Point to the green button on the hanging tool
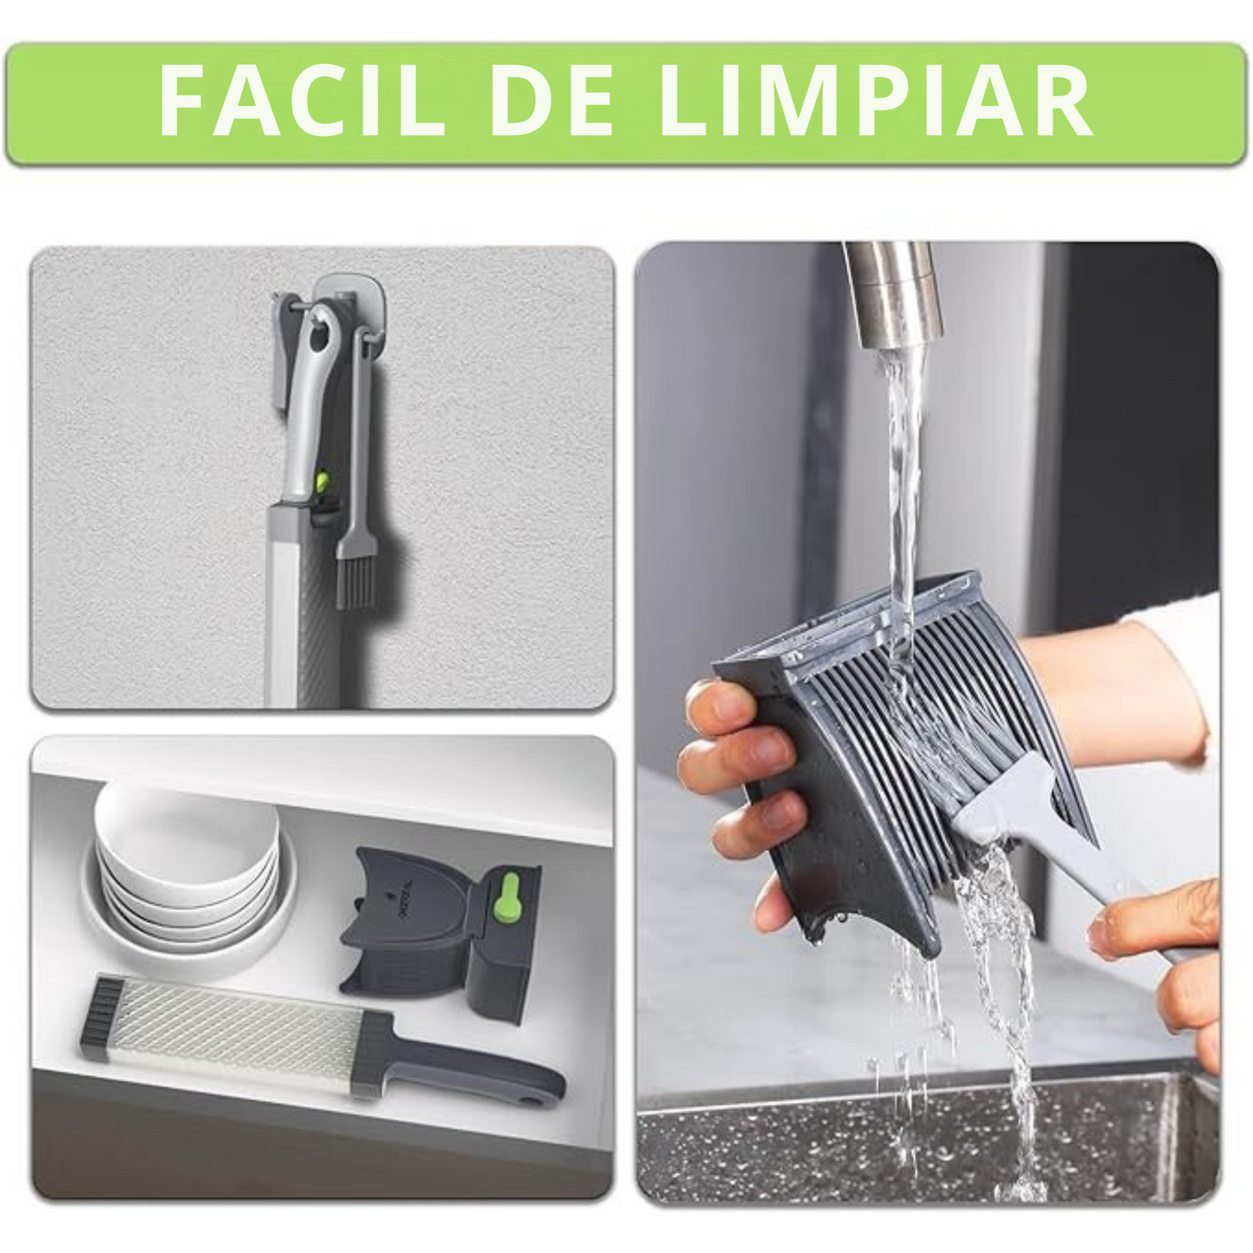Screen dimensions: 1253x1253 [321, 482]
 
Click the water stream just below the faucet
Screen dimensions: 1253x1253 [902, 416]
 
